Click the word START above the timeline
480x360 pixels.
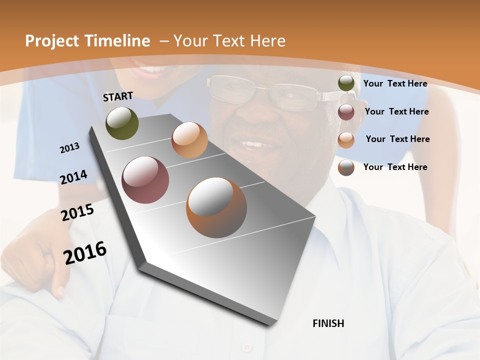tap(118, 96)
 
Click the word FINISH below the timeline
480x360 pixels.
tap(328, 323)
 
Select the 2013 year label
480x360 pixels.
tap(69, 148)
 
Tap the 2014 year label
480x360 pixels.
tap(73, 177)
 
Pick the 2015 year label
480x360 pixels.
tap(77, 212)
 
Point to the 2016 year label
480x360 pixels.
tap(85, 253)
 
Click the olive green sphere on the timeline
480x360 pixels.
tap(122, 123)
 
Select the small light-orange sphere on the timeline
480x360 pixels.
tap(189, 140)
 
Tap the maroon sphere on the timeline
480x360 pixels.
tap(145, 180)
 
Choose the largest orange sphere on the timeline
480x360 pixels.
tap(216, 207)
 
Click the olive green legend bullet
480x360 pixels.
tap(346, 83)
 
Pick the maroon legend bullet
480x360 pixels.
tap(346, 111)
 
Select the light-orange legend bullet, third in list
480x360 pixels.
tap(346, 139)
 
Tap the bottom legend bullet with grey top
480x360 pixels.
tap(346, 167)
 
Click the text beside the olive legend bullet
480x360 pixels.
tap(395, 83)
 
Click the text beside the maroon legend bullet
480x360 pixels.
tap(396, 111)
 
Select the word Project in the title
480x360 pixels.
tap(52, 41)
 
